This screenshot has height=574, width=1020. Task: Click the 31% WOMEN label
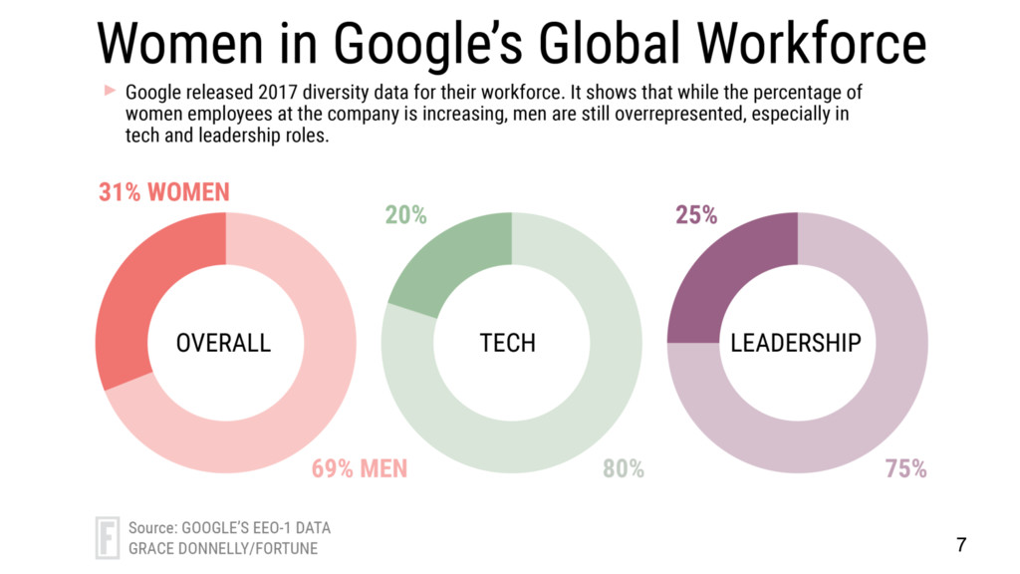[164, 192]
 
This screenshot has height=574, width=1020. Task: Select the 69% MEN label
[360, 468]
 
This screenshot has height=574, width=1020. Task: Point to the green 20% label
[406, 215]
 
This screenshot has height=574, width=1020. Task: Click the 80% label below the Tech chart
[624, 468]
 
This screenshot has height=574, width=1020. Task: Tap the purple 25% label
[696, 215]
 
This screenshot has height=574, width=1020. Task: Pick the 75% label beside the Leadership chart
[906, 468]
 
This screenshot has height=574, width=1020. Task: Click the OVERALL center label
[223, 343]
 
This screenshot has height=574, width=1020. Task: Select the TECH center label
[508, 343]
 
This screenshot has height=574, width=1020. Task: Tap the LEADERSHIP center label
[796, 343]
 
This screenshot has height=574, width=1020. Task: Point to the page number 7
[961, 544]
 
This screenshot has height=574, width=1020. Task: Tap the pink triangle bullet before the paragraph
[110, 91]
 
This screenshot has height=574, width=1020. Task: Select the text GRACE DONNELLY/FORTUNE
[224, 548]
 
